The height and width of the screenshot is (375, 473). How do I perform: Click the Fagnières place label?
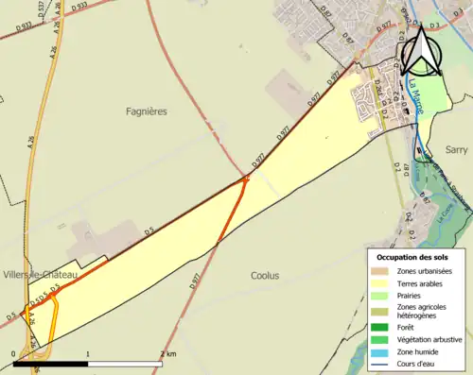(x=147, y=111)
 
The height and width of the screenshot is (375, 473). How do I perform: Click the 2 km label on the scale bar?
(x=168, y=354)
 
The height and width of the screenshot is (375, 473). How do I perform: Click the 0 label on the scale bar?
(x=13, y=354)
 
